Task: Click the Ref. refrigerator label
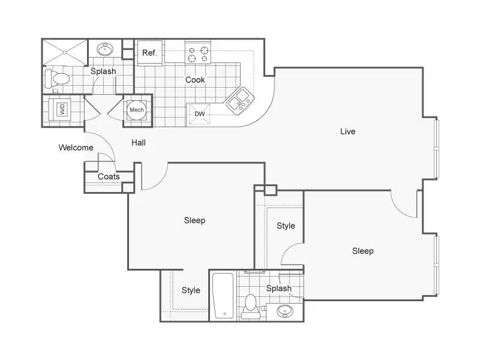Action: pos(149,53)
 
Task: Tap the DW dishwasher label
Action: pos(200,114)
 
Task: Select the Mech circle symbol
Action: pos(137,110)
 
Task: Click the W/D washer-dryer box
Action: pos(62,109)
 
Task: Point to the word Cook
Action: pos(195,80)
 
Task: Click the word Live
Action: pos(348,131)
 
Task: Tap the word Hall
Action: pos(139,143)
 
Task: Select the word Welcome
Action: pos(76,148)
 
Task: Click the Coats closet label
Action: pos(109,176)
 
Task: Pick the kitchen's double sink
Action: pos(240,101)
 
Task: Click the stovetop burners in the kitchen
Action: pos(198,54)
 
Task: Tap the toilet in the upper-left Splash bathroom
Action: pos(57,79)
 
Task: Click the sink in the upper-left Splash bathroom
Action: pos(105,49)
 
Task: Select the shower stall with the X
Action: pos(65,52)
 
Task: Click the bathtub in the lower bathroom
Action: pos(223,295)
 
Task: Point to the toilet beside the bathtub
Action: pos(251,307)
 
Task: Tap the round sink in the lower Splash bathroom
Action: pos(284,311)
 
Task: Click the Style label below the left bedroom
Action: pos(191,290)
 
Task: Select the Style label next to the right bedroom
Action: pos(286,226)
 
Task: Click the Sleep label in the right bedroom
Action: pos(363,251)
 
